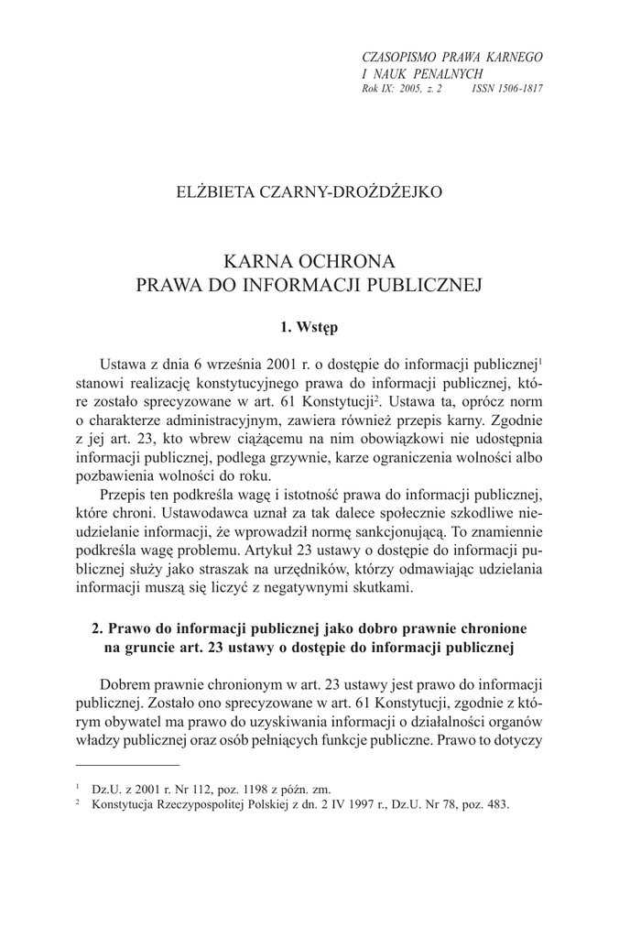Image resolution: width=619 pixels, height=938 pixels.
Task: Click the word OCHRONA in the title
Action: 351,258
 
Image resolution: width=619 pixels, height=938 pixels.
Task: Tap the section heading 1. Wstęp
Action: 309,325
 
